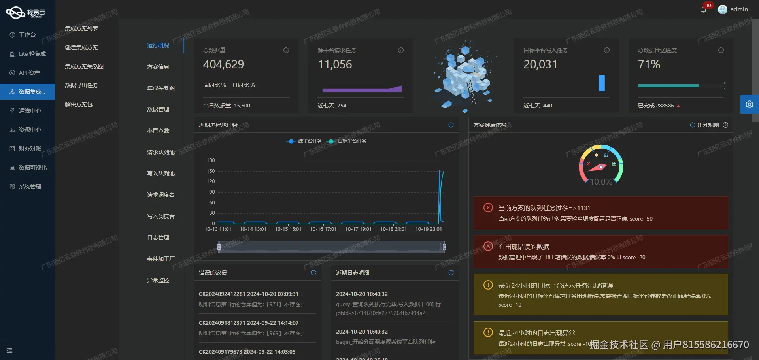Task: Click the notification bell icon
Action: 704,10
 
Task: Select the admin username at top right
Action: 739,9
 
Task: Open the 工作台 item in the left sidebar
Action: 27,35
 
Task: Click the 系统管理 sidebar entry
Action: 30,187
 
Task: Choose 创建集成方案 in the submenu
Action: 81,47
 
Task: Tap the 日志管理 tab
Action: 158,237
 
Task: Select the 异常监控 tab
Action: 158,280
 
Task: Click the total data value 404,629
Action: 223,64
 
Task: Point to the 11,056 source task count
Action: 335,64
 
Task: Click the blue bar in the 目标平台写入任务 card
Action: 602,83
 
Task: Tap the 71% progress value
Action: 649,64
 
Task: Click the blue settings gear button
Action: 749,104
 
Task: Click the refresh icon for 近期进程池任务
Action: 451,125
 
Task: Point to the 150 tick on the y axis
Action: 211,171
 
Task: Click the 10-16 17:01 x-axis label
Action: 323,229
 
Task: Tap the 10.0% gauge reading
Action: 601,182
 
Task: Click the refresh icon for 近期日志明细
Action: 451,273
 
